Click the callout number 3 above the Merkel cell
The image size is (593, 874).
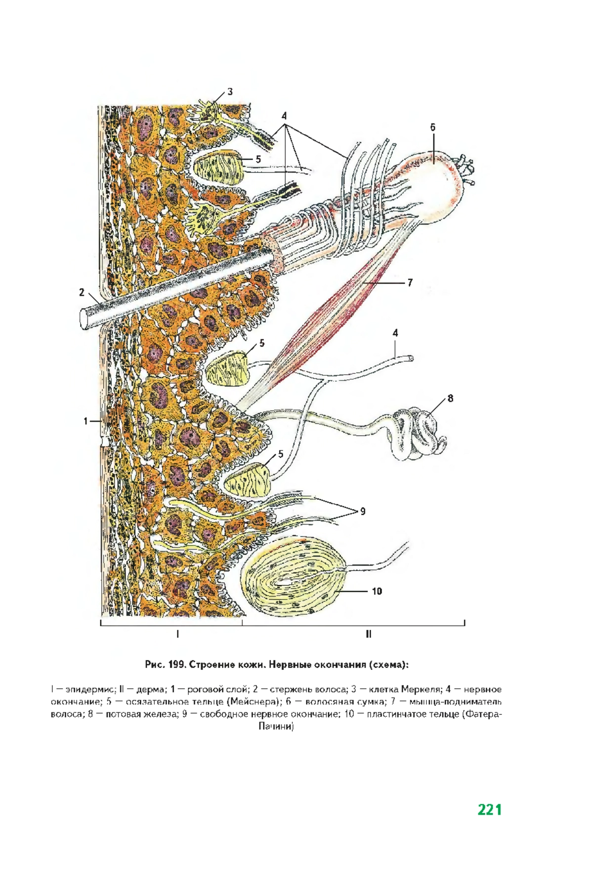click(x=230, y=91)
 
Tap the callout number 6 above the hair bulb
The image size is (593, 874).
click(x=432, y=127)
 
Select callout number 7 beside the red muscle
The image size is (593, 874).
click(x=410, y=283)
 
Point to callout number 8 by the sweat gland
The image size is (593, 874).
click(x=450, y=398)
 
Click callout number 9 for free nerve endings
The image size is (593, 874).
click(x=363, y=512)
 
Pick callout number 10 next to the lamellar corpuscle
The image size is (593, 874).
click(x=377, y=591)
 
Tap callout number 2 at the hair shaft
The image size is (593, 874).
click(x=82, y=292)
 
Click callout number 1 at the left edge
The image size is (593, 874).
click(x=85, y=421)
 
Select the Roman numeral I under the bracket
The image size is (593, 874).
click(x=177, y=634)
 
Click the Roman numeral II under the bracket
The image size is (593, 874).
click(x=368, y=634)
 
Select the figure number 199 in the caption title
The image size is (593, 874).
click(x=176, y=665)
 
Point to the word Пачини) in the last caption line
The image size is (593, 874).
click(x=276, y=727)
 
